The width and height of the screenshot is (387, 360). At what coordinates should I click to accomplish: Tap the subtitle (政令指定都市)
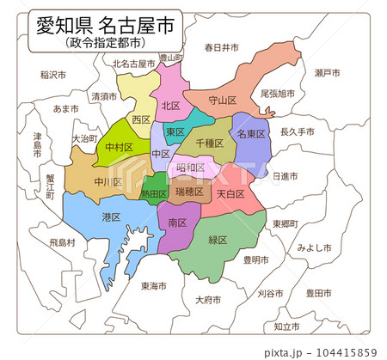click(104, 41)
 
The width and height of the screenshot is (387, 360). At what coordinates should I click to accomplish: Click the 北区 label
click(170, 106)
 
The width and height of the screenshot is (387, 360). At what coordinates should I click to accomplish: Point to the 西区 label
click(140, 119)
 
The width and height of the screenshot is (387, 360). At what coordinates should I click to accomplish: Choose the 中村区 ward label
click(119, 148)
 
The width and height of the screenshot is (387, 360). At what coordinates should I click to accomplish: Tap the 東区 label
click(175, 131)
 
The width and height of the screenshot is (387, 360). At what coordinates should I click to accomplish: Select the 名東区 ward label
click(251, 134)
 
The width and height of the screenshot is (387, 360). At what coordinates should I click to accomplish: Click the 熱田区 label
click(154, 194)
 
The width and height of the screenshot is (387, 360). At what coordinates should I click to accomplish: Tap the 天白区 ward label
click(230, 194)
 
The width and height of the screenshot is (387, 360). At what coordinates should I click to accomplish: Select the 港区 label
click(111, 217)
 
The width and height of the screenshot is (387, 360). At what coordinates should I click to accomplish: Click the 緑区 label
click(218, 240)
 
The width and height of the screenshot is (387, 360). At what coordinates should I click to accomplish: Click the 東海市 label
click(155, 286)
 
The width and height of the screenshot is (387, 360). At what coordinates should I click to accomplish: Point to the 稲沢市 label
click(53, 76)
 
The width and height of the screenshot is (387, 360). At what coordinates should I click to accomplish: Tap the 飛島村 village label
click(62, 243)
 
